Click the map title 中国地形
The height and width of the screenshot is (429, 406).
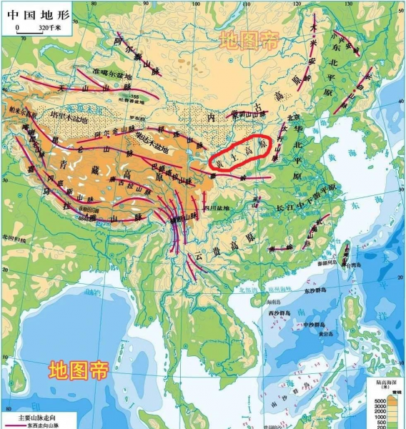(x=31, y=13)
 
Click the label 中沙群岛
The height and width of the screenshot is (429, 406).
(x=315, y=325)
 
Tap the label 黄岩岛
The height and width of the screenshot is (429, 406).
(x=326, y=333)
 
